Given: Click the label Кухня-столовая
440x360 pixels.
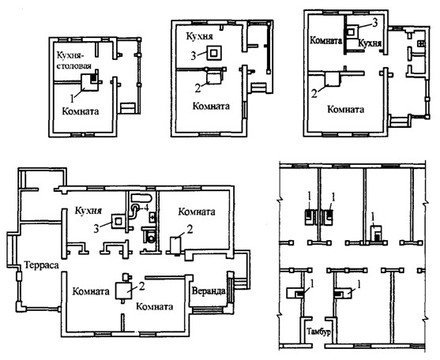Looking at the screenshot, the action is tap(74, 60).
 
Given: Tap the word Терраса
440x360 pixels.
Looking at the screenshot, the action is tap(42, 265).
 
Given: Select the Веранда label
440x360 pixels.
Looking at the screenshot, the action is tap(209, 291).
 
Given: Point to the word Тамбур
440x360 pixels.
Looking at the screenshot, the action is tap(318, 332).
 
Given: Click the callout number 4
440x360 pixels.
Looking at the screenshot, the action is tap(146, 208).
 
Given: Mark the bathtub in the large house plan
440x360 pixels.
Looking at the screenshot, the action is tap(141, 197).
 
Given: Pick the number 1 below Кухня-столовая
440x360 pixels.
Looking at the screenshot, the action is tap(72, 98).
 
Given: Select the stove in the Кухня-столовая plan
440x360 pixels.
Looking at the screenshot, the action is tap(90, 82).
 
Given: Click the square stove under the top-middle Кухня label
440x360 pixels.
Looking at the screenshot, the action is tap(215, 53).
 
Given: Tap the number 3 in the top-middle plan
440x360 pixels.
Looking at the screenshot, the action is tap(194, 56).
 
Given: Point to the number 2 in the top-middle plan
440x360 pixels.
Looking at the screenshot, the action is tap(198, 88).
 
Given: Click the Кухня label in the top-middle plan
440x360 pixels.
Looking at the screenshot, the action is tap(200, 36).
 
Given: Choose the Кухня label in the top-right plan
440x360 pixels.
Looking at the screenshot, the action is tap(370, 43).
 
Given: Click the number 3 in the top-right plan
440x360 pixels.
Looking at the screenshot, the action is tap(374, 23).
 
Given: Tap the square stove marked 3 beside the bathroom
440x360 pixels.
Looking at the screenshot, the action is tap(118, 221).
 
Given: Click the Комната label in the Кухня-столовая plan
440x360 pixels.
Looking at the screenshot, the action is tap(81, 111).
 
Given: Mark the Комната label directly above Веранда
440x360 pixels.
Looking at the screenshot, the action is tap(197, 212).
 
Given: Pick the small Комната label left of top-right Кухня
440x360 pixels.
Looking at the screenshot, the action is tap(325, 40).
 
